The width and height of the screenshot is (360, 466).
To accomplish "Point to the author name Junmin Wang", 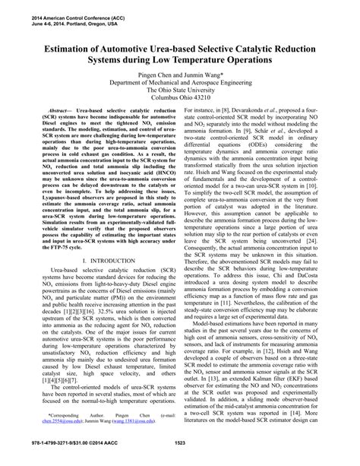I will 203,76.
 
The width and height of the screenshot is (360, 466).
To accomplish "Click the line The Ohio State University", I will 180,94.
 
